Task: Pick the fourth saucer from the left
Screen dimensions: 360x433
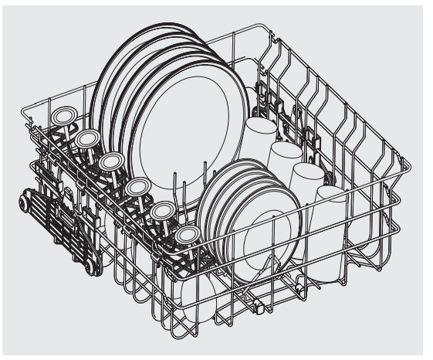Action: click(x=137, y=186)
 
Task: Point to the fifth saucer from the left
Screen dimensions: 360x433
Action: click(x=163, y=210)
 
